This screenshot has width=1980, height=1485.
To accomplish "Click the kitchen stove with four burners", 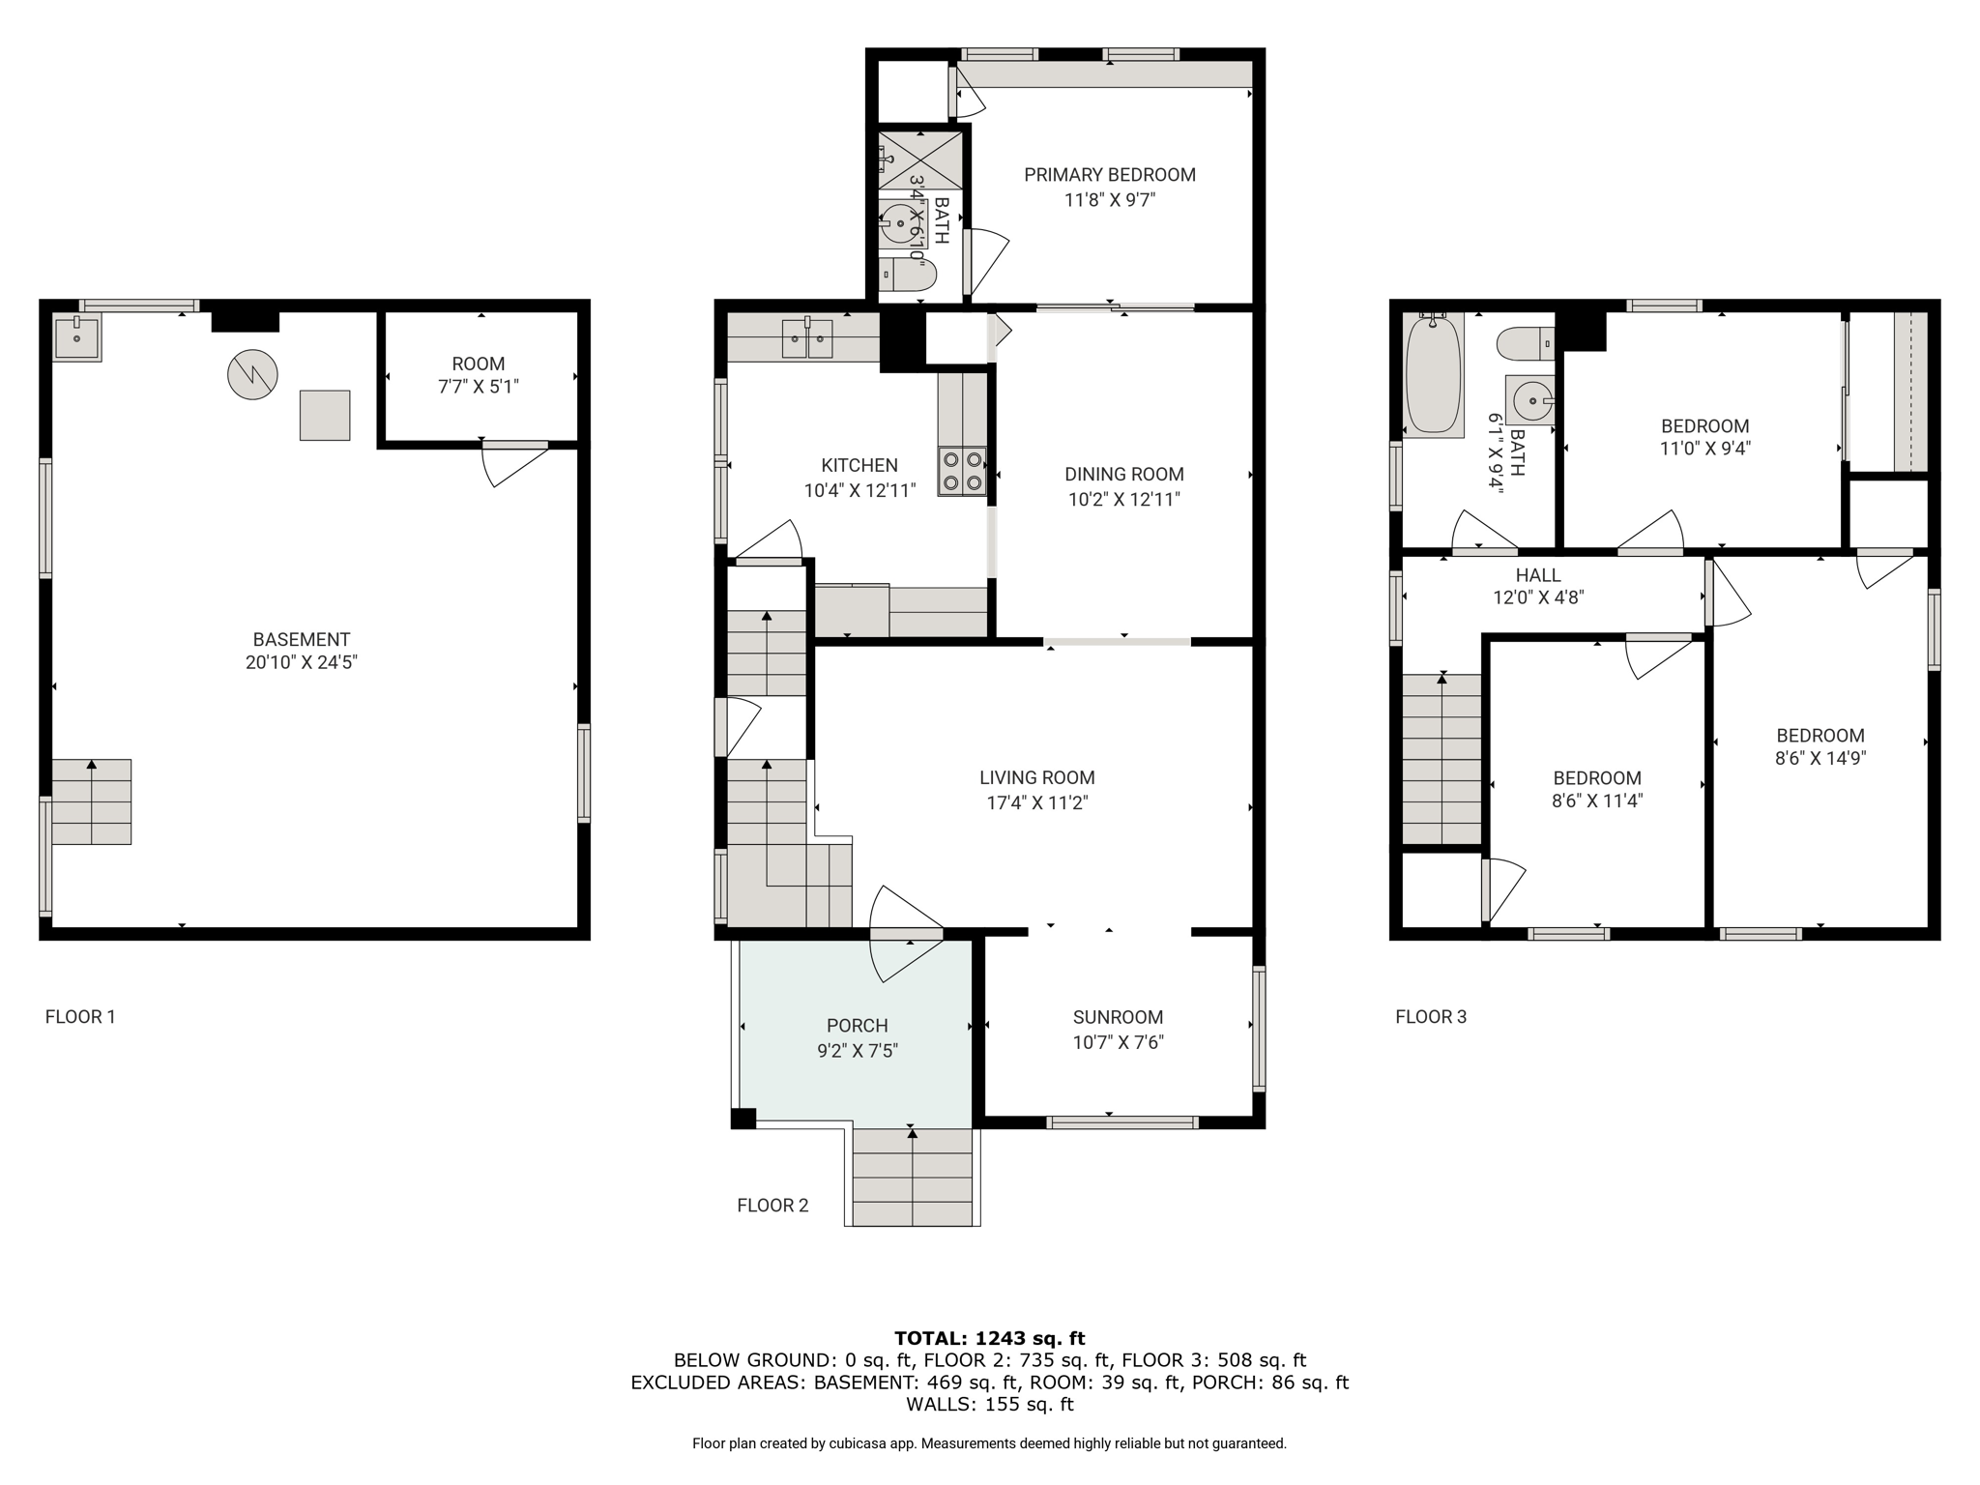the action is pos(962,472).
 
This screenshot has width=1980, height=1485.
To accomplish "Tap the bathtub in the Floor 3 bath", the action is pos(1433,374).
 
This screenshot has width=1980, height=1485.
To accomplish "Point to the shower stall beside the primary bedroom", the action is pos(920,160).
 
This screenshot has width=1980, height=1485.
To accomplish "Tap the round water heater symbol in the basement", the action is pos(252,374).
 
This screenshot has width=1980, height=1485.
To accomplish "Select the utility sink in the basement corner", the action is pos(76,337).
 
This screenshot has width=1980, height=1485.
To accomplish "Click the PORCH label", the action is pos(858,1026).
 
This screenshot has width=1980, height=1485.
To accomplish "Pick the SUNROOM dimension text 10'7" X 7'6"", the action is pos(1118,1042).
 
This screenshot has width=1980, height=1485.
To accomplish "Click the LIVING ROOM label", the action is pos(1037,777).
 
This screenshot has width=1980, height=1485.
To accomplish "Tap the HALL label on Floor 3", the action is pos(1538,575).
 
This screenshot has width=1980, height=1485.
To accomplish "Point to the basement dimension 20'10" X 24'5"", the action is pos(302,662).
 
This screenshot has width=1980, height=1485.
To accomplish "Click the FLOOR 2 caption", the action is pos(772,1205).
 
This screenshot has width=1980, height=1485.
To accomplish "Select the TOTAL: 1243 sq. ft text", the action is pos(989,1338).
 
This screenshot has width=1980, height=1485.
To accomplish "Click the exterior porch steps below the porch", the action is pos(913,1177).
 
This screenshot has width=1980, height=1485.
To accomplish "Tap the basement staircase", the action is pos(92,801).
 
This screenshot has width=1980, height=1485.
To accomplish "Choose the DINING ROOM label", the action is pos(1124,474).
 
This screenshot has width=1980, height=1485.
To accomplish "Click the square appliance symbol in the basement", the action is pos(325,415).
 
